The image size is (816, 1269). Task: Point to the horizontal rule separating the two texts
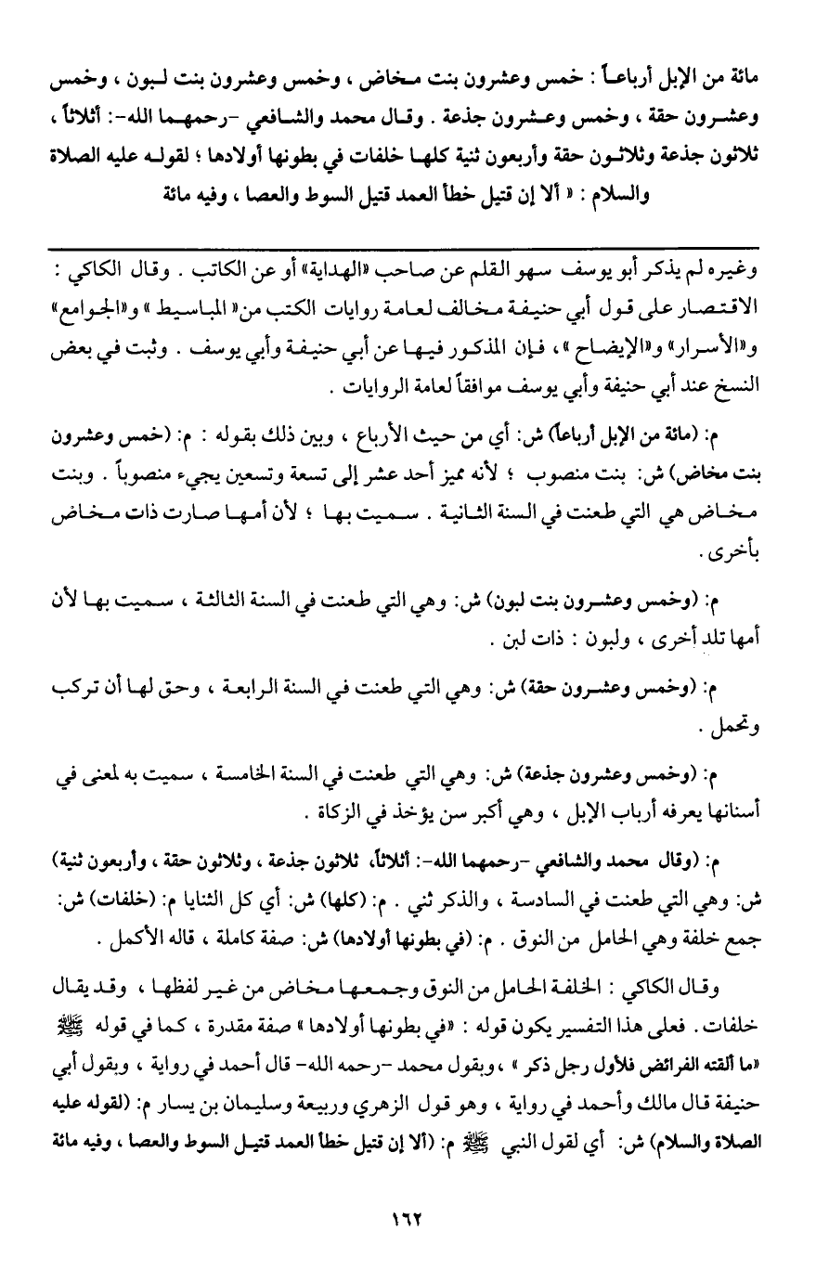408,245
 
